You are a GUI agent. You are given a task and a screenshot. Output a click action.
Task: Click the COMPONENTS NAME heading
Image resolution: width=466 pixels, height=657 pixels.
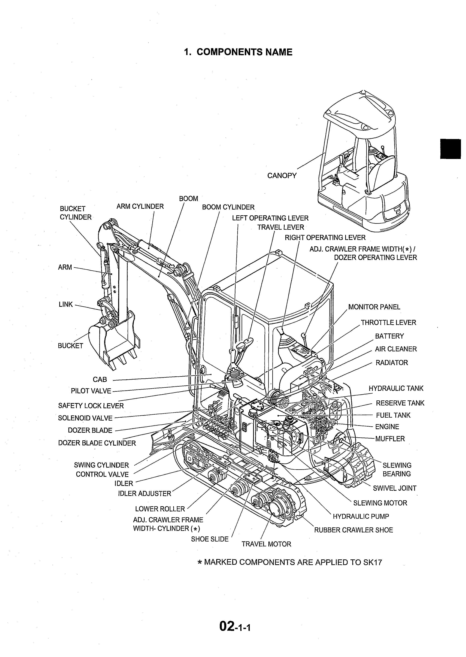[238, 52]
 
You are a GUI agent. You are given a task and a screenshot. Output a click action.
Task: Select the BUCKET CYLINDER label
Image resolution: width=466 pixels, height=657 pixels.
[75, 213]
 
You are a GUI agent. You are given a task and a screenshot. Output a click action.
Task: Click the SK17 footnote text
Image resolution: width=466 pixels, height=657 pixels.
[290, 562]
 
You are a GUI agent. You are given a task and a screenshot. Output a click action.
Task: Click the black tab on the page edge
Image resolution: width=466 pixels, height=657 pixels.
[453, 149]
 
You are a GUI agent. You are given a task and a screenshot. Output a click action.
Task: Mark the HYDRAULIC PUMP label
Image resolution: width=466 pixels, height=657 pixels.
[361, 516]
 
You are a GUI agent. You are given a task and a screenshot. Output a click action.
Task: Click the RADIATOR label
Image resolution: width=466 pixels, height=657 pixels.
[391, 363]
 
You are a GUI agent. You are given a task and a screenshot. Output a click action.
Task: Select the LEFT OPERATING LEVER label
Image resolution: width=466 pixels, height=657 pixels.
[270, 218]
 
